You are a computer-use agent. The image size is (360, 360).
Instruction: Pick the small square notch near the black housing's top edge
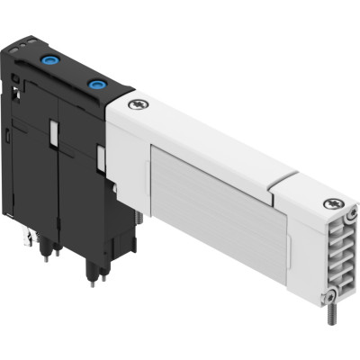pyautogui.click(x=19, y=85)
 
